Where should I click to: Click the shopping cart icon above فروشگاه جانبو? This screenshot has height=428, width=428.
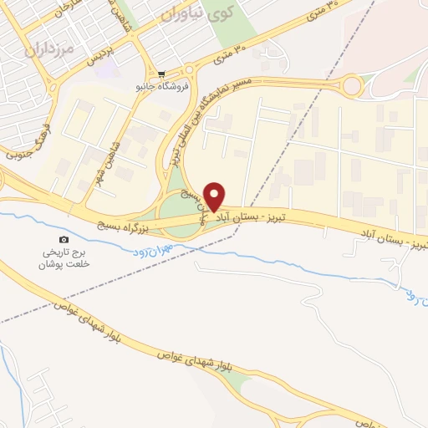pyautogui.click(x=161, y=74)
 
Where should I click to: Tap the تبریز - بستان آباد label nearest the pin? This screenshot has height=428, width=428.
pyautogui.click(x=256, y=217)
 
